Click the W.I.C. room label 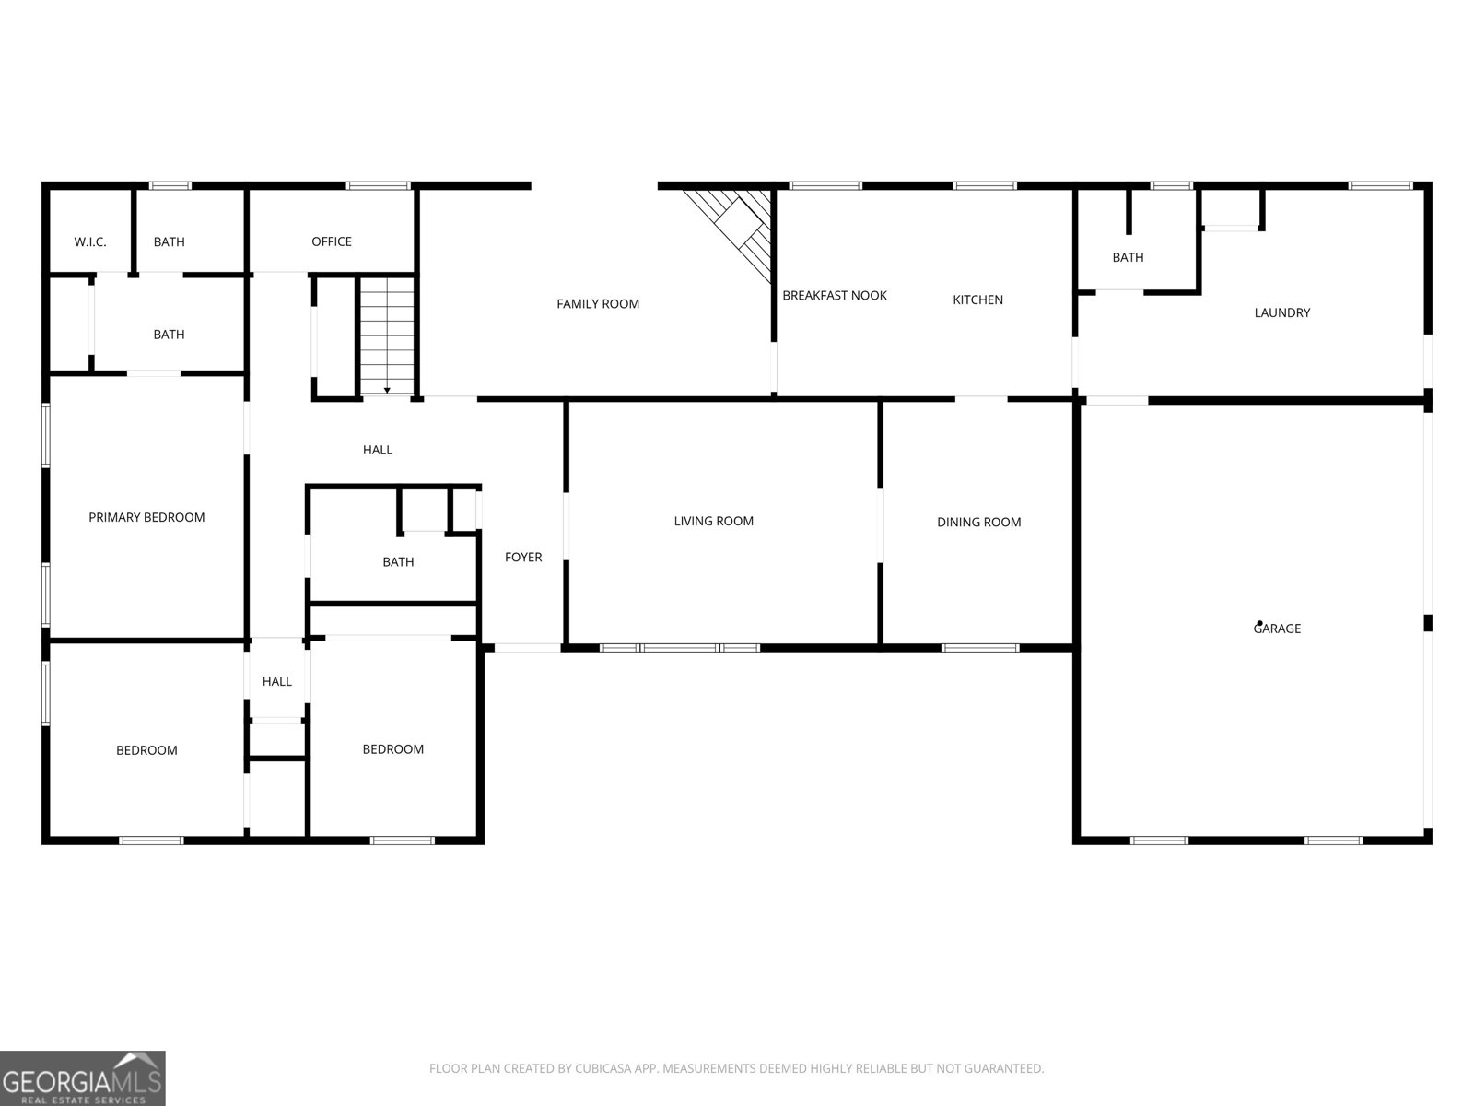90,242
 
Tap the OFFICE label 332,241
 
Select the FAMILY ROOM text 598,304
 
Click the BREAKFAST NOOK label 835,296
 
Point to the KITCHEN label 977,300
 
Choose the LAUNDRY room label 1281,313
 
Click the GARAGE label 1278,629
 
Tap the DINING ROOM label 978,523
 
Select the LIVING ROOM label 714,522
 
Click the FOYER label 523,558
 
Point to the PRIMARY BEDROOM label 146,518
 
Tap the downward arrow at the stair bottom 387,392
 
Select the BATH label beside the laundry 1128,258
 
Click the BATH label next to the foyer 398,562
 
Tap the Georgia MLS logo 83,1078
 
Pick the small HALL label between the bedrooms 276,682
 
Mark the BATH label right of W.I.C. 169,242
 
